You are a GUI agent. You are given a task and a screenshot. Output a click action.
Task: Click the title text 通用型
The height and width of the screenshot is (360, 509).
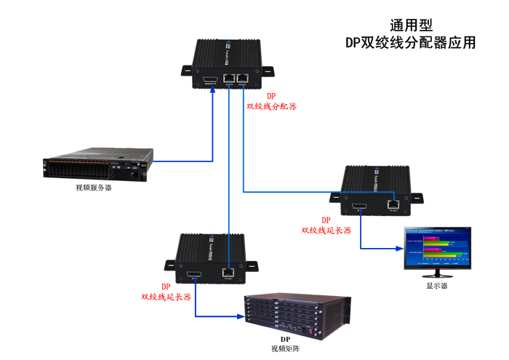pos(411,25)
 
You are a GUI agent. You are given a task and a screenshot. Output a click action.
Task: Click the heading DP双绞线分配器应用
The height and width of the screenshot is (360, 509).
pos(411,42)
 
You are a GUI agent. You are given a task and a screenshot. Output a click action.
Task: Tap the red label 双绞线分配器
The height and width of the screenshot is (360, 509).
pos(271,106)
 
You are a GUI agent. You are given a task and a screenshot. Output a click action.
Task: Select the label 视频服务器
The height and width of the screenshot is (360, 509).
pos(94,188)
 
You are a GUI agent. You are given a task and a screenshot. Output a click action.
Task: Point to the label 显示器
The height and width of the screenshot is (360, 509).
pos(436,286)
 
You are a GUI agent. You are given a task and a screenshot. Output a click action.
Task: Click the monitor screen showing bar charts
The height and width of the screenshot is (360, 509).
pos(438,249)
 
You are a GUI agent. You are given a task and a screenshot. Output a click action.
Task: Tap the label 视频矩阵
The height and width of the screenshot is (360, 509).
pos(285,349)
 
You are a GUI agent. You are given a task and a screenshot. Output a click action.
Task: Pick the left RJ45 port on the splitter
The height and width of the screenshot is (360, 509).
pos(228,77)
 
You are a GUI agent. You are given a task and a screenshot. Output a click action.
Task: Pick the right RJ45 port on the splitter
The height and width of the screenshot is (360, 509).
pos(242,77)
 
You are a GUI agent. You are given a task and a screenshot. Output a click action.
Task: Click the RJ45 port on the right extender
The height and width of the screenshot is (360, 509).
pos(393,205)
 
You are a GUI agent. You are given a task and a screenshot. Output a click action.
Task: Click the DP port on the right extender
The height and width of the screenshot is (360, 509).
pos(359,209)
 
